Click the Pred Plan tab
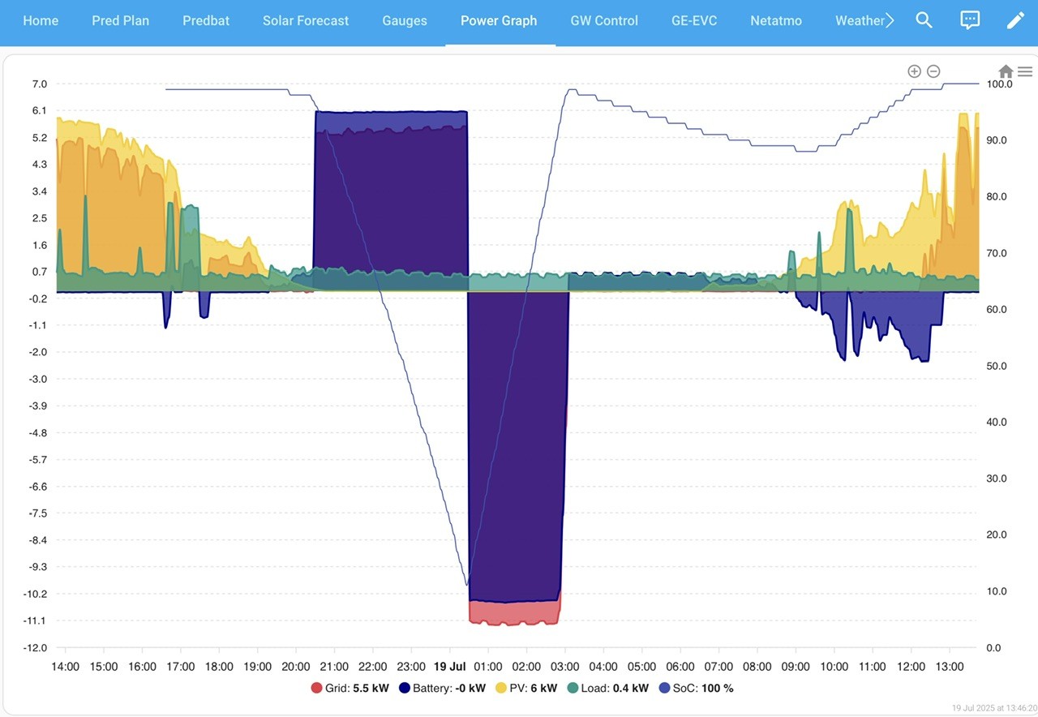121,20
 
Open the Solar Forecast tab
306,20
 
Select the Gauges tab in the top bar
405,20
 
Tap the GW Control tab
604,20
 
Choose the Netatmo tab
776,20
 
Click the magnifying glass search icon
924,20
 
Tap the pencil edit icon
1014,20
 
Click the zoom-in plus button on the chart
914,71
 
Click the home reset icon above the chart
1006,71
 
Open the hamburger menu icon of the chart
1024,71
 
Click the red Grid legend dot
316,688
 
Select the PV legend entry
526,688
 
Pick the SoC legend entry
696,688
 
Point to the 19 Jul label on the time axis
449,667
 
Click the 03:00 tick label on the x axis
564,667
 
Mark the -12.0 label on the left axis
35,647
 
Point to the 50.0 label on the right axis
997,366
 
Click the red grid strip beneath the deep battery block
514,612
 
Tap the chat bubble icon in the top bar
969,20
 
